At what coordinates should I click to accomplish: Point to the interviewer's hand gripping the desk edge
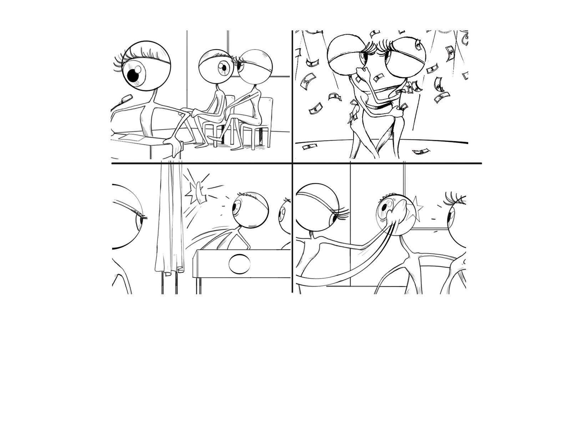point(174,145)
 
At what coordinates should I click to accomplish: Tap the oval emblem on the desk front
point(239,264)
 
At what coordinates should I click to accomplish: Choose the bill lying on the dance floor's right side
point(421,152)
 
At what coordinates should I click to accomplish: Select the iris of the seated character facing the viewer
point(224,67)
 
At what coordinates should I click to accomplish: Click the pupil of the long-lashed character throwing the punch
point(335,218)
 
